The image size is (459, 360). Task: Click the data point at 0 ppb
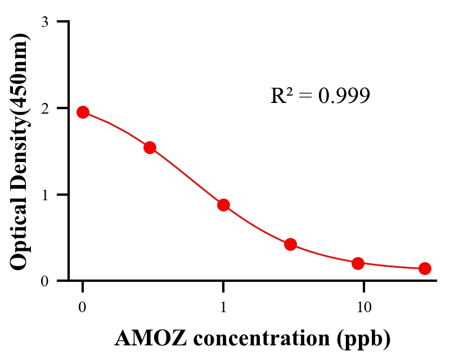[x=83, y=112]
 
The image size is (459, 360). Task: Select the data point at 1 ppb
[x=223, y=205]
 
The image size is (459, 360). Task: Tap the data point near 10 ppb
[x=358, y=263]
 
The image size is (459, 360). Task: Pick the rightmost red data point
[x=425, y=268]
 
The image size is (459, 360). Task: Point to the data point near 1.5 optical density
[x=150, y=147]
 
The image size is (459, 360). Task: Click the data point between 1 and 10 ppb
[x=290, y=244]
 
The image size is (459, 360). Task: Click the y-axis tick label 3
[x=44, y=22]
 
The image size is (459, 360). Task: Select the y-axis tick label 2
[x=44, y=108]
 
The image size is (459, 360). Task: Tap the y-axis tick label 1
[x=44, y=195]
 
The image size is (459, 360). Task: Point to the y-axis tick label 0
[x=44, y=281]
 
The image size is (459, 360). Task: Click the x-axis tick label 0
[x=83, y=308]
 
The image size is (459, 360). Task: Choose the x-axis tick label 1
[x=223, y=308]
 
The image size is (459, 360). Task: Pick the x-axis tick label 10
[x=364, y=308]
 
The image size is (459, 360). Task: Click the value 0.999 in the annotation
[x=344, y=96]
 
